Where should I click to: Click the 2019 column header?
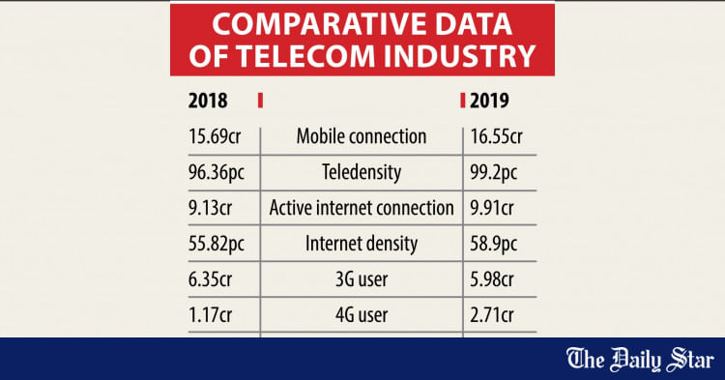point(491,101)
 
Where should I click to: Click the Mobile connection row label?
point(361,136)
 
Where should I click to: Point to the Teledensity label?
point(361,172)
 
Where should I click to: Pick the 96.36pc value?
point(223,172)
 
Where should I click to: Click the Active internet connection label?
point(361,208)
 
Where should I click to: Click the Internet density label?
point(361,244)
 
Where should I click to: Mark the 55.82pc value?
point(223,244)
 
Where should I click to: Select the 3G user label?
point(361,278)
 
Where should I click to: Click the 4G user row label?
point(361,314)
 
